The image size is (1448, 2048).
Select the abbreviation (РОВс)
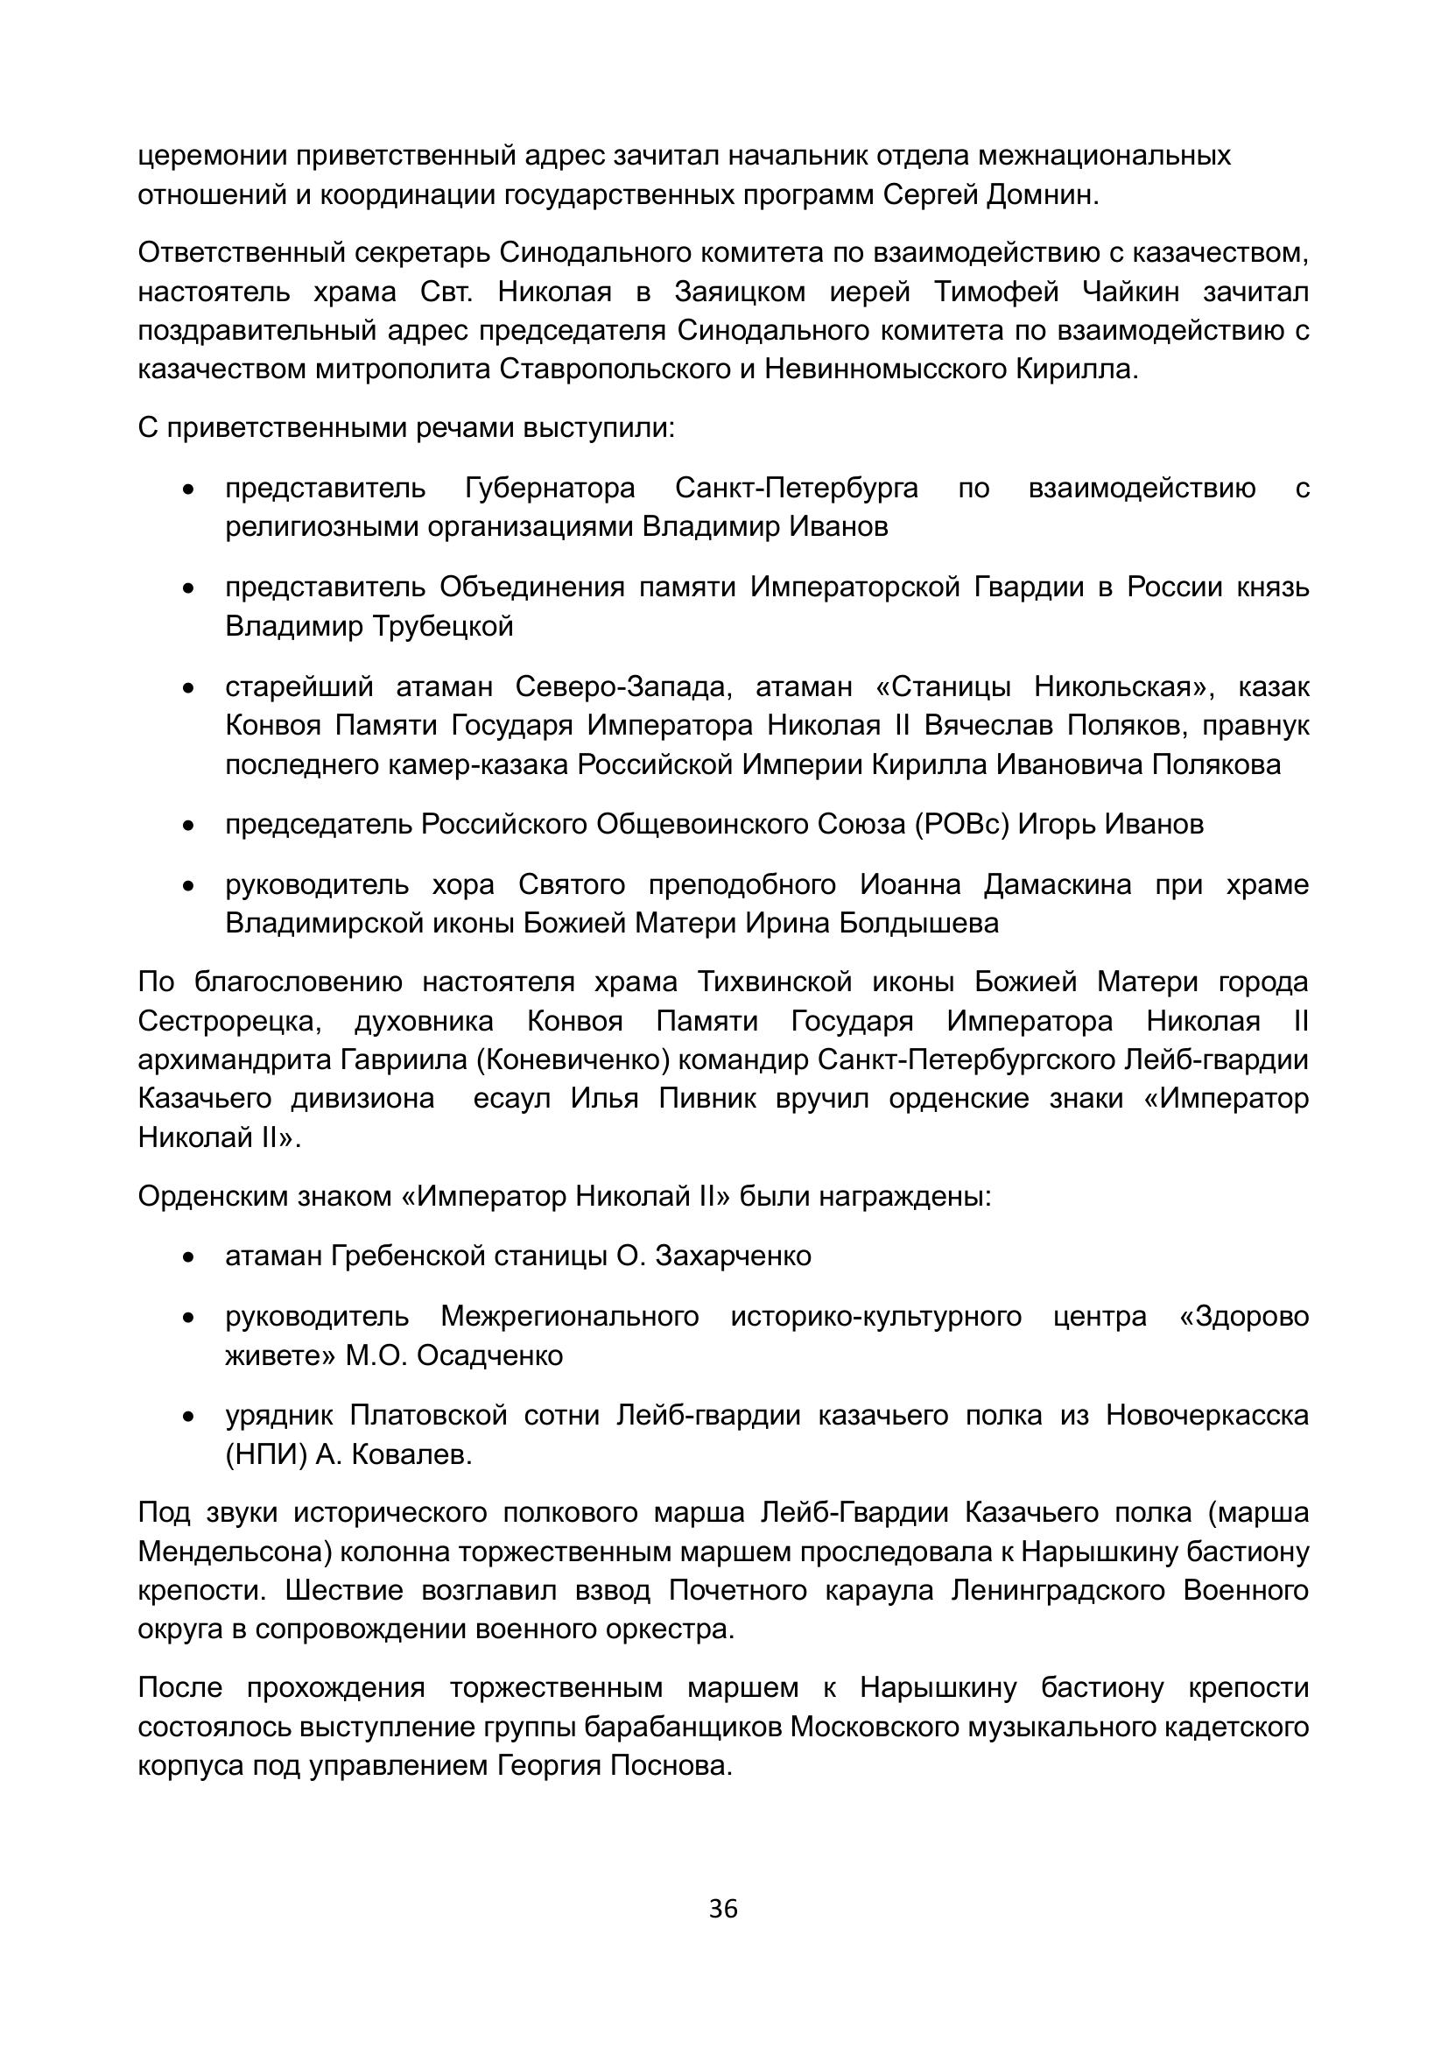962,823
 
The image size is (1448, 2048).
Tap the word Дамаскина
1058,884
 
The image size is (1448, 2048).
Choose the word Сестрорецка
229,1020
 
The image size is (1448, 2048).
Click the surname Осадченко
489,1355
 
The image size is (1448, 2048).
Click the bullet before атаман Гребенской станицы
188,1257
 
